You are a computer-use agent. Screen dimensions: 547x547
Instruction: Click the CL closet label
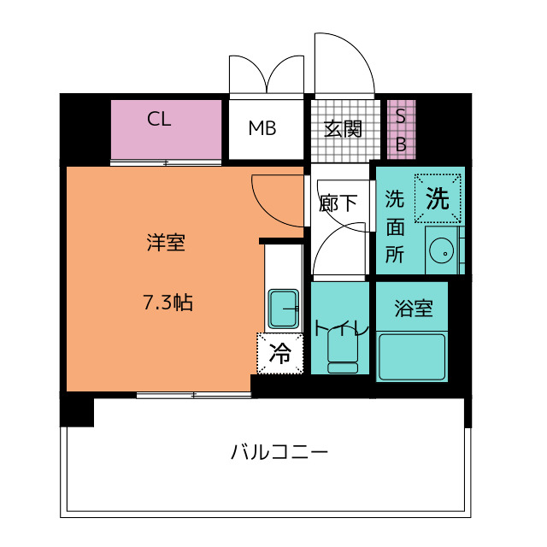click(x=159, y=119)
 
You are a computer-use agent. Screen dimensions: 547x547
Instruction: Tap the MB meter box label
click(x=262, y=128)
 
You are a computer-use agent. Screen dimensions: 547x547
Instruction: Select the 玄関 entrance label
click(x=343, y=129)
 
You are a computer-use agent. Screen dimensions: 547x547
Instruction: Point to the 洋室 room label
click(x=166, y=242)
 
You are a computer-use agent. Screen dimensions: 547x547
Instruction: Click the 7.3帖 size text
click(x=168, y=302)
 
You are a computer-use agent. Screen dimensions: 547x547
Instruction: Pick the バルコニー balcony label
click(x=279, y=452)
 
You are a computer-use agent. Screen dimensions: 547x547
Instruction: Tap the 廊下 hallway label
click(x=338, y=203)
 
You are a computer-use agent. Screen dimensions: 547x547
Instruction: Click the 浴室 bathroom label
click(x=414, y=308)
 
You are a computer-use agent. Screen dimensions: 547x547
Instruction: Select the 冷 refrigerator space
click(x=280, y=354)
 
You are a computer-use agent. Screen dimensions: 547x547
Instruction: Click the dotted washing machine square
click(x=438, y=198)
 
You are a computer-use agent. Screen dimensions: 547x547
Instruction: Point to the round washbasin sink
click(x=442, y=250)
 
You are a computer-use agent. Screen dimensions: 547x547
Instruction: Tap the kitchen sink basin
click(x=283, y=309)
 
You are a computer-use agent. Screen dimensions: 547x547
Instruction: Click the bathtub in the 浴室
click(x=412, y=357)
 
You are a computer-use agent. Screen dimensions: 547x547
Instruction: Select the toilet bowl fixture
click(x=343, y=352)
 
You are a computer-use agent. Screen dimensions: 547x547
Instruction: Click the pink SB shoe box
click(x=402, y=129)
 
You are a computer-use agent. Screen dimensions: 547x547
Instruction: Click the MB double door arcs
click(x=267, y=74)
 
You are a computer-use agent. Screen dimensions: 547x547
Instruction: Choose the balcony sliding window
click(x=194, y=395)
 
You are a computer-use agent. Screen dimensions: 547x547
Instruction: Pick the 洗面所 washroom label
click(x=395, y=226)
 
